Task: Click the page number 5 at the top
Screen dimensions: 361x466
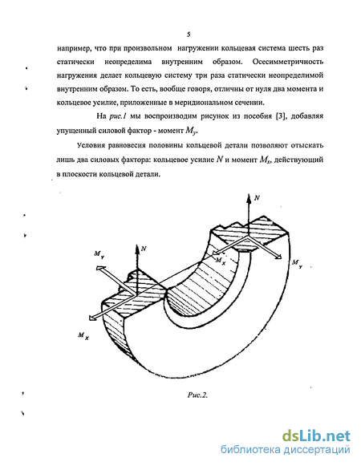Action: coord(189,34)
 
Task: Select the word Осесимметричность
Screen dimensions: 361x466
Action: coord(287,62)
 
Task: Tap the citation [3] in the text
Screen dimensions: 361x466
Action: coord(280,116)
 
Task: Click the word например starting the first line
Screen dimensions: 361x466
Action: coord(74,48)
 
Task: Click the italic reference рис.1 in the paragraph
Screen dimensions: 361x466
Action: coord(117,116)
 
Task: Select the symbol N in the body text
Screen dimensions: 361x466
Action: coord(220,160)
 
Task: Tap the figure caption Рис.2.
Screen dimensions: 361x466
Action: coord(197,395)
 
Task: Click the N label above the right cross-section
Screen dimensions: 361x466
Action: coord(257,197)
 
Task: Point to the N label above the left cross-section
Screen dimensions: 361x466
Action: coord(144,249)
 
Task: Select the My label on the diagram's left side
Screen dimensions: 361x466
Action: coord(99,254)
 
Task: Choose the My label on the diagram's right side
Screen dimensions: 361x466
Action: coord(298,264)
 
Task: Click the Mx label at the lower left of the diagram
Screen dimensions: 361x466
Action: coord(83,336)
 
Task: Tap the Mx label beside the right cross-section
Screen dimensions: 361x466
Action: coord(221,261)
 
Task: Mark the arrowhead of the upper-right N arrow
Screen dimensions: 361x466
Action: coord(249,199)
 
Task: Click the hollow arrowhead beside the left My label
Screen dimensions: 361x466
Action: coord(100,268)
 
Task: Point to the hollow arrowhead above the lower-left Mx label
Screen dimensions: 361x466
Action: coord(92,318)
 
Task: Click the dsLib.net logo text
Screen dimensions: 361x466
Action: coord(316,436)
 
